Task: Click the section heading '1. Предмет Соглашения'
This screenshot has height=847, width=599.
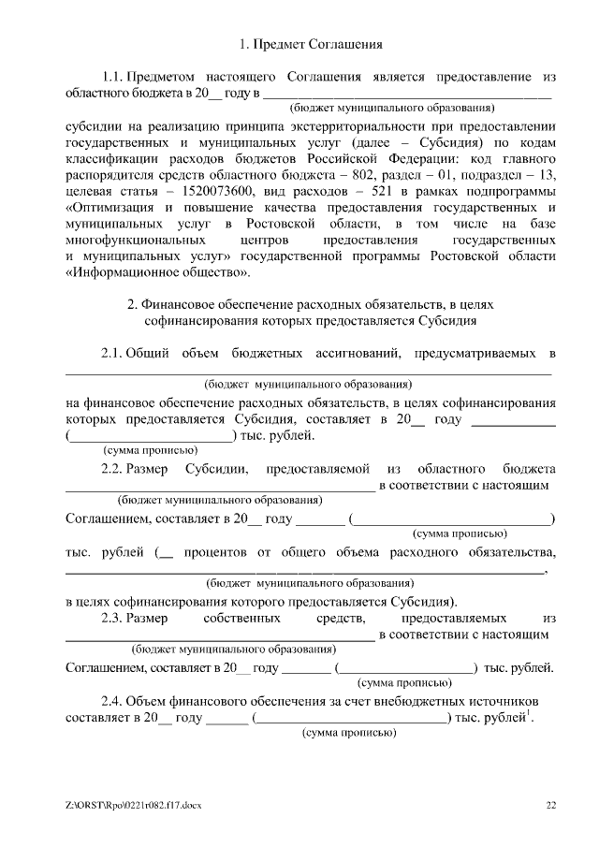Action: (x=307, y=44)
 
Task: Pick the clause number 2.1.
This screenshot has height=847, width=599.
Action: (x=112, y=353)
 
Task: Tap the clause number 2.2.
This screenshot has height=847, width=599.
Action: (x=112, y=467)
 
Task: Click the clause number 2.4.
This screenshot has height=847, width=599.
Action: (x=112, y=701)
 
